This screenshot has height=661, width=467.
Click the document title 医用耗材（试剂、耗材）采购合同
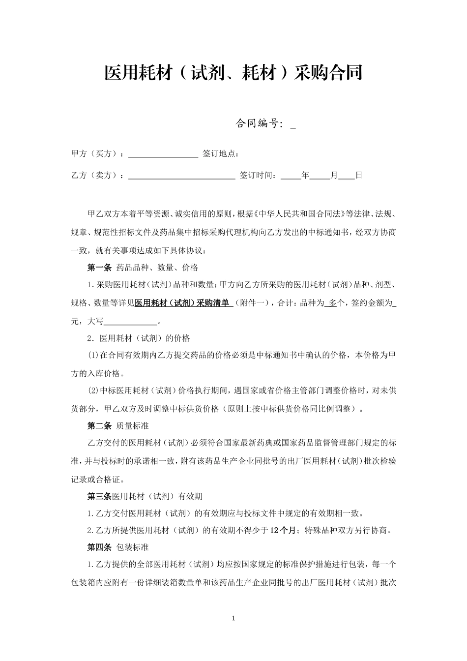[x=233, y=73]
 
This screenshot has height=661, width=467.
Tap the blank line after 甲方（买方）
[x=163, y=154]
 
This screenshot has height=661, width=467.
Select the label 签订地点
[x=220, y=154]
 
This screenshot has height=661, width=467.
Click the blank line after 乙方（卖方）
[x=181, y=175]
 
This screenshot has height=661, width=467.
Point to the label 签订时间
[x=258, y=175]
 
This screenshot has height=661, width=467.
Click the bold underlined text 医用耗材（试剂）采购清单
[x=182, y=303]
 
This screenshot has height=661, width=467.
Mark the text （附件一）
[x=253, y=303]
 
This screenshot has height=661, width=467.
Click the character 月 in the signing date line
[x=334, y=175]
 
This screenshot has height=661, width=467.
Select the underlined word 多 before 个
[x=332, y=303]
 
